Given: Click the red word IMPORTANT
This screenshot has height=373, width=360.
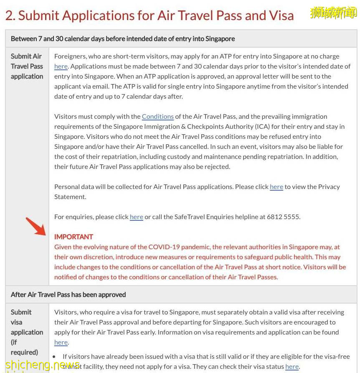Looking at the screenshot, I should coord(74,237).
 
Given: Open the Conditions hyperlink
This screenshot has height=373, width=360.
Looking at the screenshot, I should coord(157,117).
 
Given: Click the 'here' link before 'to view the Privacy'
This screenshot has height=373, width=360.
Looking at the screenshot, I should coord(276,187).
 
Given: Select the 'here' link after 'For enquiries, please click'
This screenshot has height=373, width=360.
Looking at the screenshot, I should coord(136,217).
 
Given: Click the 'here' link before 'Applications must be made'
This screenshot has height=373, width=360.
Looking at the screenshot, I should coord(61,66).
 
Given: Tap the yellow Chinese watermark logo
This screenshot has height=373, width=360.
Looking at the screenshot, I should coord(333,13).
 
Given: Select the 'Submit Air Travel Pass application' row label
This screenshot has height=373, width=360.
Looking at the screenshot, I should coord(27,66).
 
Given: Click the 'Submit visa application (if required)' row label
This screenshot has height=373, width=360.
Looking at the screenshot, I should coord(27,332).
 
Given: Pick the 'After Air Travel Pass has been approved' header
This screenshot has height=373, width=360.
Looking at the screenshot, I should coord(68,294).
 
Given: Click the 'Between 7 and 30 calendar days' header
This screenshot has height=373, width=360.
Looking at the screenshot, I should coord(123,38).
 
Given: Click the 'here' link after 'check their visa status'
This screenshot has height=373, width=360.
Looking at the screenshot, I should coord(292,367).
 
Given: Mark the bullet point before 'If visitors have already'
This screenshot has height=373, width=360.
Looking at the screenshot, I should coord(54,357).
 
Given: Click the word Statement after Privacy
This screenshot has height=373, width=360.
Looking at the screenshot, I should coord(70,197).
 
